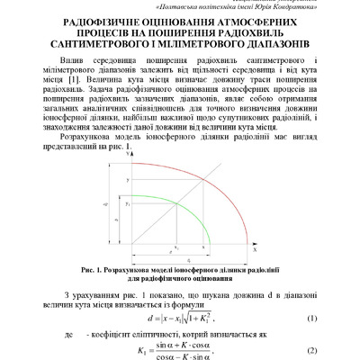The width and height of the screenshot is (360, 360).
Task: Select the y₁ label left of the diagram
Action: coord(128,205)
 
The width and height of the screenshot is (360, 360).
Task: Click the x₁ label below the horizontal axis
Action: coord(176,248)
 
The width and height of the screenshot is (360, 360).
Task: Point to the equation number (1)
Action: coord(311,318)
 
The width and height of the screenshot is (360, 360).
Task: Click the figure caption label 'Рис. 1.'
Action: coord(92,268)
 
